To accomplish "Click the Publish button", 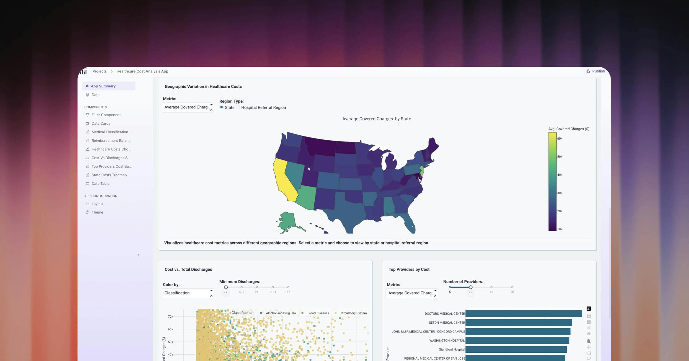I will (595, 71).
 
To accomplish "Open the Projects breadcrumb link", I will (99, 71).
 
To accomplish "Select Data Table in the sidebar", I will (100, 184).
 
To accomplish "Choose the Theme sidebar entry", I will (97, 212).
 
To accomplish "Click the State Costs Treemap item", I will (109, 175).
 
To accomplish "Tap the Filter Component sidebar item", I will (106, 115).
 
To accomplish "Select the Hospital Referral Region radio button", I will (238, 107).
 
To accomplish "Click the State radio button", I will (221, 107).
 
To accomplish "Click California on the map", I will (284, 181).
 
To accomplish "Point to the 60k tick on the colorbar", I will (560, 139).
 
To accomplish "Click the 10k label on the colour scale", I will (560, 229).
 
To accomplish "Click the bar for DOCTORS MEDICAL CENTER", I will (523, 314).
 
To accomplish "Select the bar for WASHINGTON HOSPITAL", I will (517, 341).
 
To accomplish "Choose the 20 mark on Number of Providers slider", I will (512, 287).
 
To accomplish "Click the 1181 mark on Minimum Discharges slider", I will (273, 287).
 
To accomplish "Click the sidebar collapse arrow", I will (138, 255).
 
